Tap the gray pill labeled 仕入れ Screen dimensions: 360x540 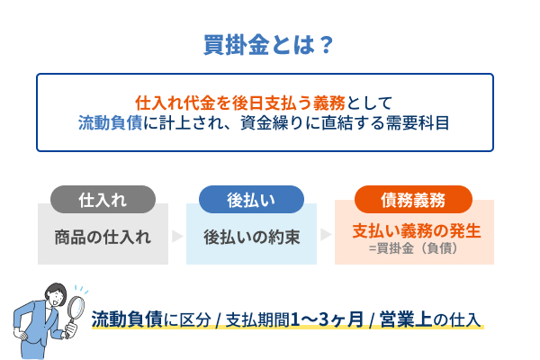[x=103, y=199]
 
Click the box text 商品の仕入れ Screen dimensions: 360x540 [x=103, y=238]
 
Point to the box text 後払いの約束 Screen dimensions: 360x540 [x=251, y=238]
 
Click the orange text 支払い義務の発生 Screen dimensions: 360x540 [x=416, y=230]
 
